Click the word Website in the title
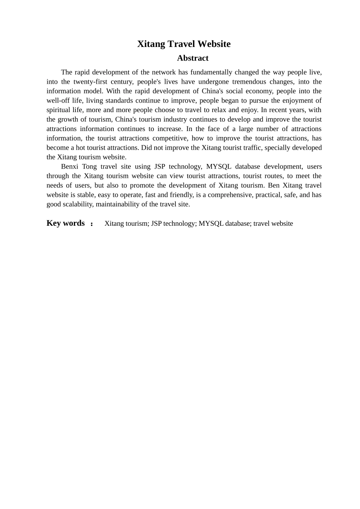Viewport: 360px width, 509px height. tap(214, 44)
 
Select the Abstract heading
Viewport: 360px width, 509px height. tap(193, 58)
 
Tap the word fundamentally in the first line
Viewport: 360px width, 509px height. tap(211, 72)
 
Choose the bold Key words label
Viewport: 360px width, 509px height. tap(66, 223)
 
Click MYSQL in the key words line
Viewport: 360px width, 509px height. tap(211, 223)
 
